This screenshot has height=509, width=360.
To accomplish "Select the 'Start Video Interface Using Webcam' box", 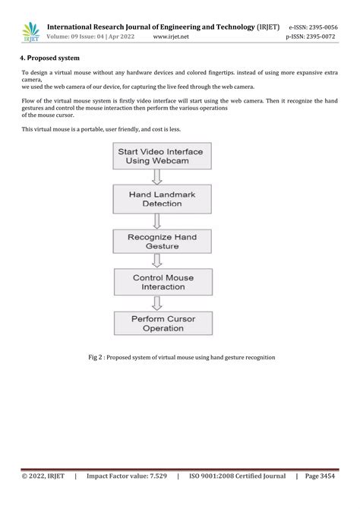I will pyautogui.click(x=160, y=157).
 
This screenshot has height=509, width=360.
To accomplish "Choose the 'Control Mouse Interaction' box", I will pyautogui.click(x=163, y=282).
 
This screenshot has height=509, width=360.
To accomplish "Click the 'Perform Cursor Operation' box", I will pyautogui.click(x=163, y=323).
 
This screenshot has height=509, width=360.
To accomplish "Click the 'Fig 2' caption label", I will pyautogui.click(x=97, y=357).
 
